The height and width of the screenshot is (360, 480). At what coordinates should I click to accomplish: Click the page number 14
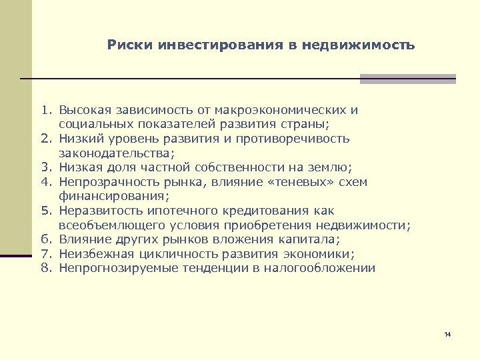(x=447, y=333)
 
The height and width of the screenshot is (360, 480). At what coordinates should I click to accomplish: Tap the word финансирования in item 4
(x=113, y=196)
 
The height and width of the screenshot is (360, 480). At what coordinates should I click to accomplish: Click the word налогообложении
(x=319, y=269)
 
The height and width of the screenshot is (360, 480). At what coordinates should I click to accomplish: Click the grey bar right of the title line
(x=408, y=79)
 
